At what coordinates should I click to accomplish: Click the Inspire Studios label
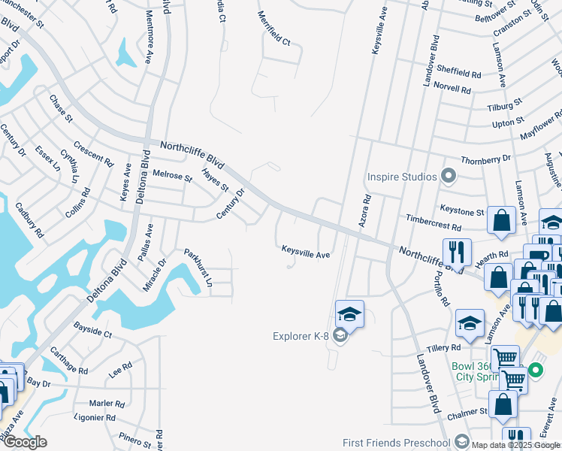click(x=401, y=177)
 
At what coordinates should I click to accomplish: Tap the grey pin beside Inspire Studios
click(x=449, y=177)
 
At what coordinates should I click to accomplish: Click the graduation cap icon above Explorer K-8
click(x=349, y=313)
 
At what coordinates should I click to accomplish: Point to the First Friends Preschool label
click(x=395, y=443)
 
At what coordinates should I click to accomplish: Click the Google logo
click(x=26, y=442)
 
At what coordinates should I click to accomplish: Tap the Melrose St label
click(x=172, y=175)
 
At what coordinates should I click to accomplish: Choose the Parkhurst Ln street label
click(x=199, y=268)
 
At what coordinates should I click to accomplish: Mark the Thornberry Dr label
click(x=485, y=159)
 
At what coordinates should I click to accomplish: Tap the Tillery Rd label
click(x=443, y=347)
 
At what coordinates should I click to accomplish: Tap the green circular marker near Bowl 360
click(x=535, y=370)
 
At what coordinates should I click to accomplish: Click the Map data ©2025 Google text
click(x=516, y=444)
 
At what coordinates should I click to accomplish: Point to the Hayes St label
click(x=214, y=180)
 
